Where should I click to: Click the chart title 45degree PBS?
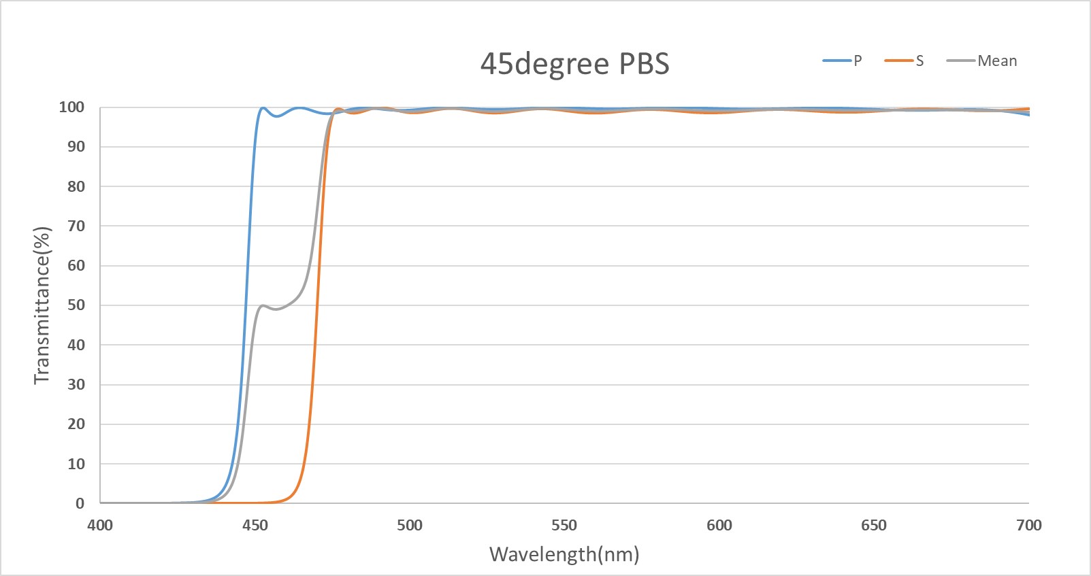(x=575, y=64)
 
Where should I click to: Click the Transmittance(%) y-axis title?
(x=42, y=305)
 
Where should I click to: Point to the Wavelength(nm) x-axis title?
(x=564, y=554)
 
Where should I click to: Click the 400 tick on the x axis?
(x=100, y=525)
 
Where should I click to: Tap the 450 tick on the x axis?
(x=255, y=525)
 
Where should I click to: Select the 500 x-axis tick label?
(x=410, y=525)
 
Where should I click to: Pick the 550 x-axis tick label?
(x=564, y=525)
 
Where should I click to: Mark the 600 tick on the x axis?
(x=719, y=525)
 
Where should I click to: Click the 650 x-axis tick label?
(x=874, y=525)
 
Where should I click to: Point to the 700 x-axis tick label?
(x=1028, y=525)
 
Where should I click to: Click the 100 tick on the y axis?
(x=71, y=107)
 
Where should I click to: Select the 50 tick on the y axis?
(x=76, y=305)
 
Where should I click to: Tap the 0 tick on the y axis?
(x=80, y=504)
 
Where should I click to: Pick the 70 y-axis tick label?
(x=76, y=226)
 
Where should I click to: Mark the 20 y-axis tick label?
(x=76, y=424)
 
